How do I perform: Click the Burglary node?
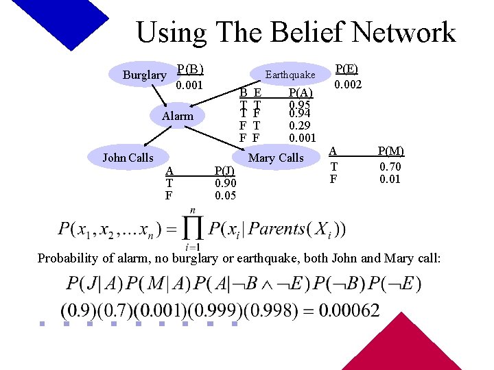(x=144, y=75)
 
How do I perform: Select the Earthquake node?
(x=290, y=75)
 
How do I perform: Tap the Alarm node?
(x=178, y=116)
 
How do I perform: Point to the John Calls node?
(x=128, y=158)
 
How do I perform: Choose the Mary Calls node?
(x=276, y=158)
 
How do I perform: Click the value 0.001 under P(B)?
(x=189, y=86)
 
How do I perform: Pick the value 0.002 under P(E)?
(x=348, y=85)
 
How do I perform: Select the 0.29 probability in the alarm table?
(x=299, y=126)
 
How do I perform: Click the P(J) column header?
(x=225, y=171)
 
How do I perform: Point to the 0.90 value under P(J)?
(x=225, y=184)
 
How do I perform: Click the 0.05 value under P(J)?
(x=225, y=195)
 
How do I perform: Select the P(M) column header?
(x=391, y=151)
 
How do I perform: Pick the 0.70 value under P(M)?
(x=391, y=166)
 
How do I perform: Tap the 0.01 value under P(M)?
(x=391, y=180)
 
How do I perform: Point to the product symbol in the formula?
(x=192, y=228)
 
